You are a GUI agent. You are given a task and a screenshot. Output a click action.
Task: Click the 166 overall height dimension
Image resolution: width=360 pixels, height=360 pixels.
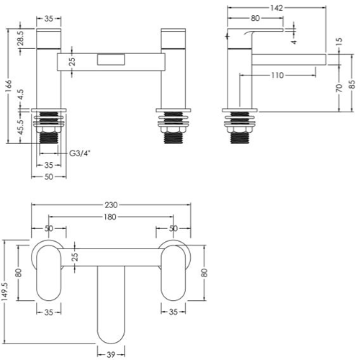pos(8,86)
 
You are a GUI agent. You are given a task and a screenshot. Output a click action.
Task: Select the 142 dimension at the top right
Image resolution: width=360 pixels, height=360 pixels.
pos(276,8)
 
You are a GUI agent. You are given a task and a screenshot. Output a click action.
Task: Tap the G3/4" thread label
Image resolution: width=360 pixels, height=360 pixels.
pos(80,153)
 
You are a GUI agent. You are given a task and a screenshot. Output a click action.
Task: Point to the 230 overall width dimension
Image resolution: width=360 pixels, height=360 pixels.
pos(111,205)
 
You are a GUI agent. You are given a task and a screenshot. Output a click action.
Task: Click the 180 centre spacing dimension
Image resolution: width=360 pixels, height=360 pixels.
pos(110,217)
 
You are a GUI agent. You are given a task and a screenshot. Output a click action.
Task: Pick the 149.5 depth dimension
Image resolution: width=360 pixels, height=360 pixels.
pos(5,291)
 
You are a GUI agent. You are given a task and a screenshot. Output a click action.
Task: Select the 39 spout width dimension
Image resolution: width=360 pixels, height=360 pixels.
pos(111,354)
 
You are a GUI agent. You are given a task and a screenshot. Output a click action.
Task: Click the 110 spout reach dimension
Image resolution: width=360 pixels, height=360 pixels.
pos(277,76)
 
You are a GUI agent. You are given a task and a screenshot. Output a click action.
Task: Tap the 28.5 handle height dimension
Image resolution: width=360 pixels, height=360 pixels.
pos(21,38)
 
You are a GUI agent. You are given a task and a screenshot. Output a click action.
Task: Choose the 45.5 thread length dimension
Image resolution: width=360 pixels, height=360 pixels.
pos(21,127)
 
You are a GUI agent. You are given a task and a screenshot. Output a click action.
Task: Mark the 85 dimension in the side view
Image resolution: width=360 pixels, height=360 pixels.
pos(352,84)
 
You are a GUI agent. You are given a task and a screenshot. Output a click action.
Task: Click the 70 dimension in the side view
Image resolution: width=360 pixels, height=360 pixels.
pos(339,88)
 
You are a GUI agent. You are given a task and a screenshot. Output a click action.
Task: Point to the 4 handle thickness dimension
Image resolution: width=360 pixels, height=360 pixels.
pos(294,42)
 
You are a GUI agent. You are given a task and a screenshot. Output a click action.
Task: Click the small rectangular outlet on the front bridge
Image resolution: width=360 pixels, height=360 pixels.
pos(111,60)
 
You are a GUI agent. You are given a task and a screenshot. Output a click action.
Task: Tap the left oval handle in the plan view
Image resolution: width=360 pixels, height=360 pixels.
pos(49,273)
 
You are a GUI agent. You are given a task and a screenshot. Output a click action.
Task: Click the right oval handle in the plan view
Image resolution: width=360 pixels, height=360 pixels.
pos(173,273)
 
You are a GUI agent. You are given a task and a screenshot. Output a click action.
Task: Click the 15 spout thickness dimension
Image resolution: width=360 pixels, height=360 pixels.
pos(339,42)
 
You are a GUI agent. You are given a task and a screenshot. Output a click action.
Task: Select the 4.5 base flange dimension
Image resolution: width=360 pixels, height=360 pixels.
pos(21,94)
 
